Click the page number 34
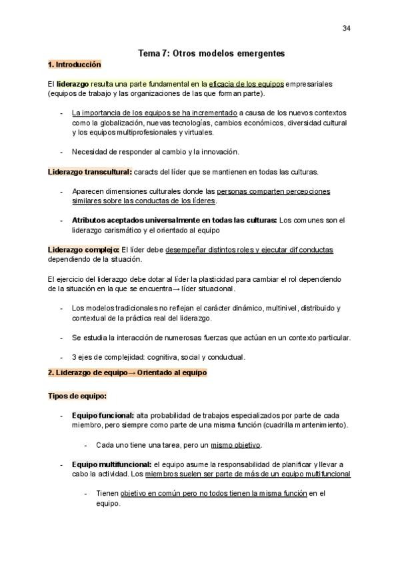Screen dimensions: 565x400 pos(347,28)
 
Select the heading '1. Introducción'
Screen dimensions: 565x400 pos(75,65)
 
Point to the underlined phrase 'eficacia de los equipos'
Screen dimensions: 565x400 pos(247,85)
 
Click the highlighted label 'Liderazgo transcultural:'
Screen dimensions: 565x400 pos(90,172)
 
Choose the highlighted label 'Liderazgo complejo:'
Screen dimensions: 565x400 pos(83,250)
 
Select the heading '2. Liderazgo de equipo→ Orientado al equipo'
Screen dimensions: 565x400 pos(127,372)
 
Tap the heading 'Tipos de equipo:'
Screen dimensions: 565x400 pos(77,396)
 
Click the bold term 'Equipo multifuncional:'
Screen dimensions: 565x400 pos(111,464)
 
